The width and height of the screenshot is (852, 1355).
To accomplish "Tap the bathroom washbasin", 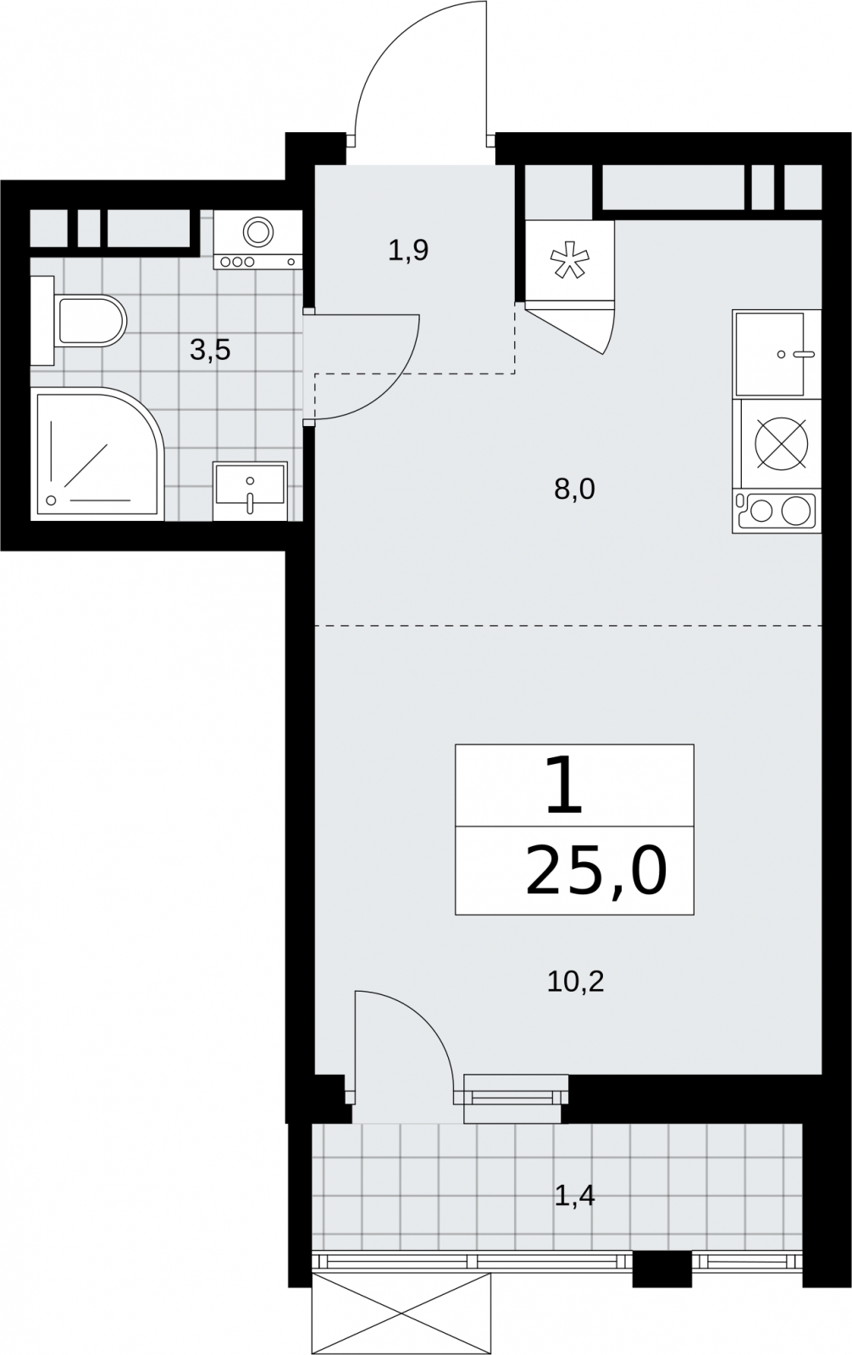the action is coord(250,490).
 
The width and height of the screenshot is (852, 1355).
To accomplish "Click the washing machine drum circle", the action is coord(258,231).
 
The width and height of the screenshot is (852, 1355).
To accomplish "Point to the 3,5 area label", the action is coord(210,351).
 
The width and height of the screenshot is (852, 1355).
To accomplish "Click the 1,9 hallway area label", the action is coord(408,251).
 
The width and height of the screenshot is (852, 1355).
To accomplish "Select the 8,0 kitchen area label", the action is coord(574,489).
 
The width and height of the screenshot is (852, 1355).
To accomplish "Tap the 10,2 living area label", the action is coord(575,982).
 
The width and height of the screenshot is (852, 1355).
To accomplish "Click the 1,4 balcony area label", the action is coord(575,1196).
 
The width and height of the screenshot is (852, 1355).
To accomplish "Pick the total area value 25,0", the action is coord(596,872).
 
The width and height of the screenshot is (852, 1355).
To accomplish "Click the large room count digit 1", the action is coord(564,785).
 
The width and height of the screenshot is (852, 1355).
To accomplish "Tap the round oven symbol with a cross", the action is coord(782,444).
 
